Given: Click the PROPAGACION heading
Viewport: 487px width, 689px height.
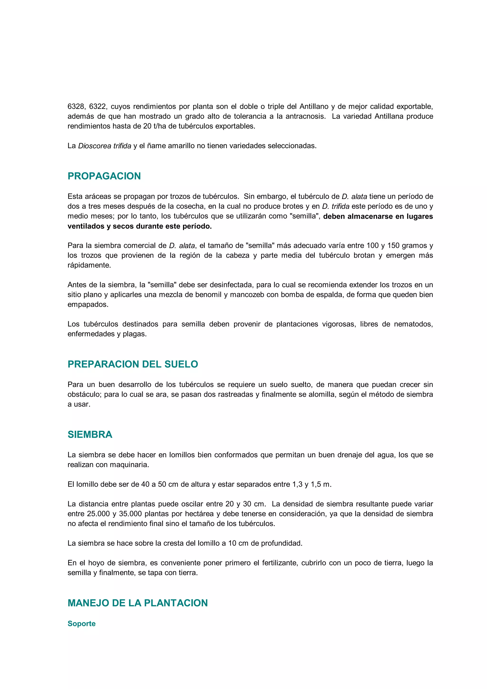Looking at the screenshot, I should (104, 176).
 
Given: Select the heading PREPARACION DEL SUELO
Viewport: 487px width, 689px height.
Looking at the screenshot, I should (133, 364).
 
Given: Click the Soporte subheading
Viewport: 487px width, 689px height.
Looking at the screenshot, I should (81, 624).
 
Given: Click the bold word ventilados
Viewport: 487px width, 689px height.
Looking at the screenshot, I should (86, 226).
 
